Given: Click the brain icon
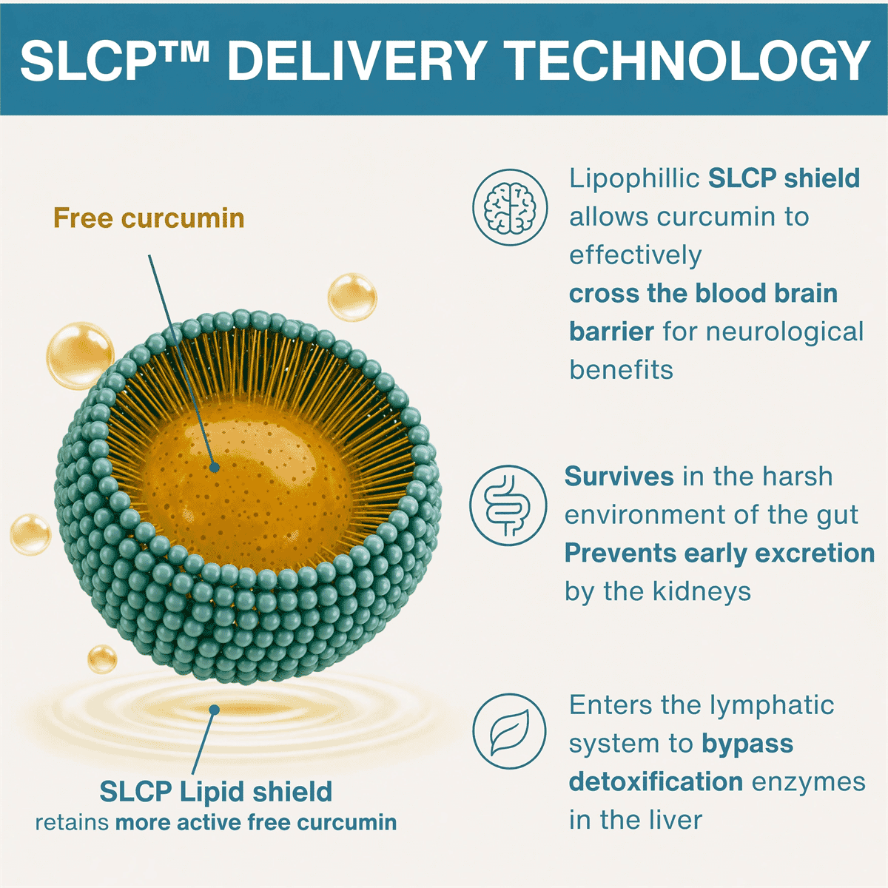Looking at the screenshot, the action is tap(510, 207).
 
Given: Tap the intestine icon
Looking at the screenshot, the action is tap(508, 505).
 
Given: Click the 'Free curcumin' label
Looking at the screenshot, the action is tap(149, 218).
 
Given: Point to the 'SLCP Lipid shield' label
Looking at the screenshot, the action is tap(215, 791).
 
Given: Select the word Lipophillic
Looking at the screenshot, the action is tap(634, 179).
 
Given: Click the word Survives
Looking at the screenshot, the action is tap(619, 476).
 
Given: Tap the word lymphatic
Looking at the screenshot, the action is tap(771, 705).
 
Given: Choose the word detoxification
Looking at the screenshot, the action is tap(656, 782).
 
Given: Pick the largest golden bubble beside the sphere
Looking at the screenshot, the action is tap(81, 355).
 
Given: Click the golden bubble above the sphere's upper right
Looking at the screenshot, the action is tap(352, 297).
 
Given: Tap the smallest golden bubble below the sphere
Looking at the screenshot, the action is tap(102, 659).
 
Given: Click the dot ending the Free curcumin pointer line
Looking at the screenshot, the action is tap(215, 467).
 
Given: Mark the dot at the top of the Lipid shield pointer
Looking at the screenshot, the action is tap(214, 710).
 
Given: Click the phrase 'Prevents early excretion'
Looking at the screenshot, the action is tap(719, 554).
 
